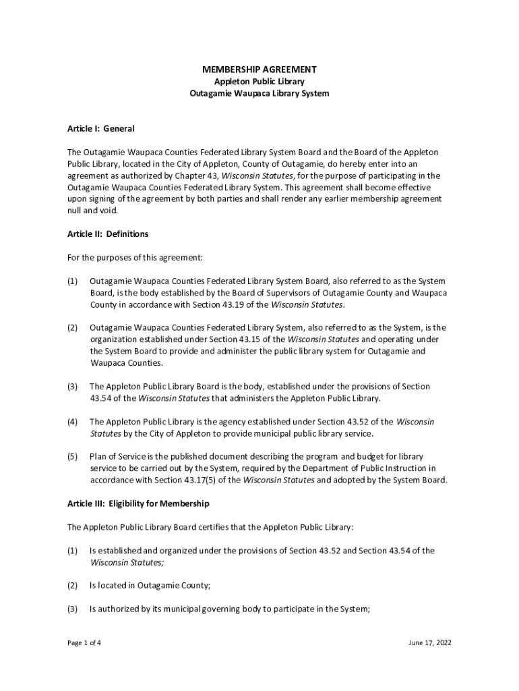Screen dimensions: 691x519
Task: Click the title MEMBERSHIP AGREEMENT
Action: click(x=259, y=70)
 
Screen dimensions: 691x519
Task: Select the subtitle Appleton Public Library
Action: click(x=259, y=82)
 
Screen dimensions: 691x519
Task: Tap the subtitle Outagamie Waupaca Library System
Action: click(x=259, y=94)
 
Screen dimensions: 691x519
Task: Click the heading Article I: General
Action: click(x=101, y=129)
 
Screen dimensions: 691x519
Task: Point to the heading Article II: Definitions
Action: click(x=108, y=234)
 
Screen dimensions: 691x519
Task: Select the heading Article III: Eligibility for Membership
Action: click(x=138, y=504)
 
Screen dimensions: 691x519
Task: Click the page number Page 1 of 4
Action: click(x=84, y=642)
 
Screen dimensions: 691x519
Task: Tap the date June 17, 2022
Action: click(x=429, y=642)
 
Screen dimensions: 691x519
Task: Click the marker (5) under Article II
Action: click(x=72, y=457)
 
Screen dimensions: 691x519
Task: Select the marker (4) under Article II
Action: click(x=72, y=422)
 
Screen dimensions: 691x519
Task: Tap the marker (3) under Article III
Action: click(x=72, y=609)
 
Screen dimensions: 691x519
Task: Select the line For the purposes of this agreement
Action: click(x=135, y=258)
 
